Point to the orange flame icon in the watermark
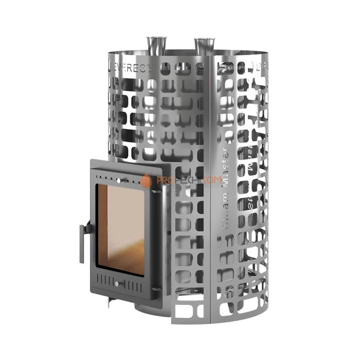[x=147, y=180]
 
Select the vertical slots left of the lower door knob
[x=105, y=281]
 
